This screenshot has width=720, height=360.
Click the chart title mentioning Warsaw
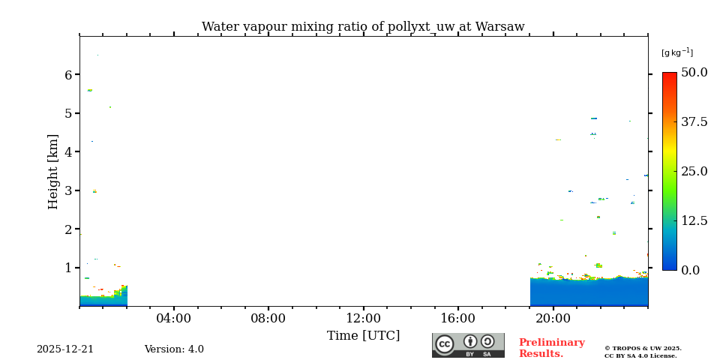(363, 27)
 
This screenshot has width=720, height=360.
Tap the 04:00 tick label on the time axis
(173, 319)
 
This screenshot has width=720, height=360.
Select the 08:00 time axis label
(268, 319)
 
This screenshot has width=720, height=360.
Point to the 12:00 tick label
(363, 319)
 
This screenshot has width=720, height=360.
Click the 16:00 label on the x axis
(457, 319)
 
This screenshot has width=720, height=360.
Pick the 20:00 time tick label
(553, 319)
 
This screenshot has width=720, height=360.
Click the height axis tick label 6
(68, 75)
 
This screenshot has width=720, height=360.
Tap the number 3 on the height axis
(68, 190)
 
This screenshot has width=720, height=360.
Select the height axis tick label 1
(68, 268)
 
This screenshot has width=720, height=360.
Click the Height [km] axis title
(53, 171)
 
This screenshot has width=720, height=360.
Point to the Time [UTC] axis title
(363, 336)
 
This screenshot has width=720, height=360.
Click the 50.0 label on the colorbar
(694, 73)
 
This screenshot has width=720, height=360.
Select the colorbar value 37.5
(694, 122)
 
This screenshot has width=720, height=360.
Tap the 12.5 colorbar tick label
(694, 220)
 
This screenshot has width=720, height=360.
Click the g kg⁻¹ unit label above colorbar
(676, 52)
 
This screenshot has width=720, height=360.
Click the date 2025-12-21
(65, 349)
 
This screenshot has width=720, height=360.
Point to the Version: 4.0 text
(174, 349)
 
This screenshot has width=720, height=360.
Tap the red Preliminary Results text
(551, 348)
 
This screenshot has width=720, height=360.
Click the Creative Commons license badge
(468, 345)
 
